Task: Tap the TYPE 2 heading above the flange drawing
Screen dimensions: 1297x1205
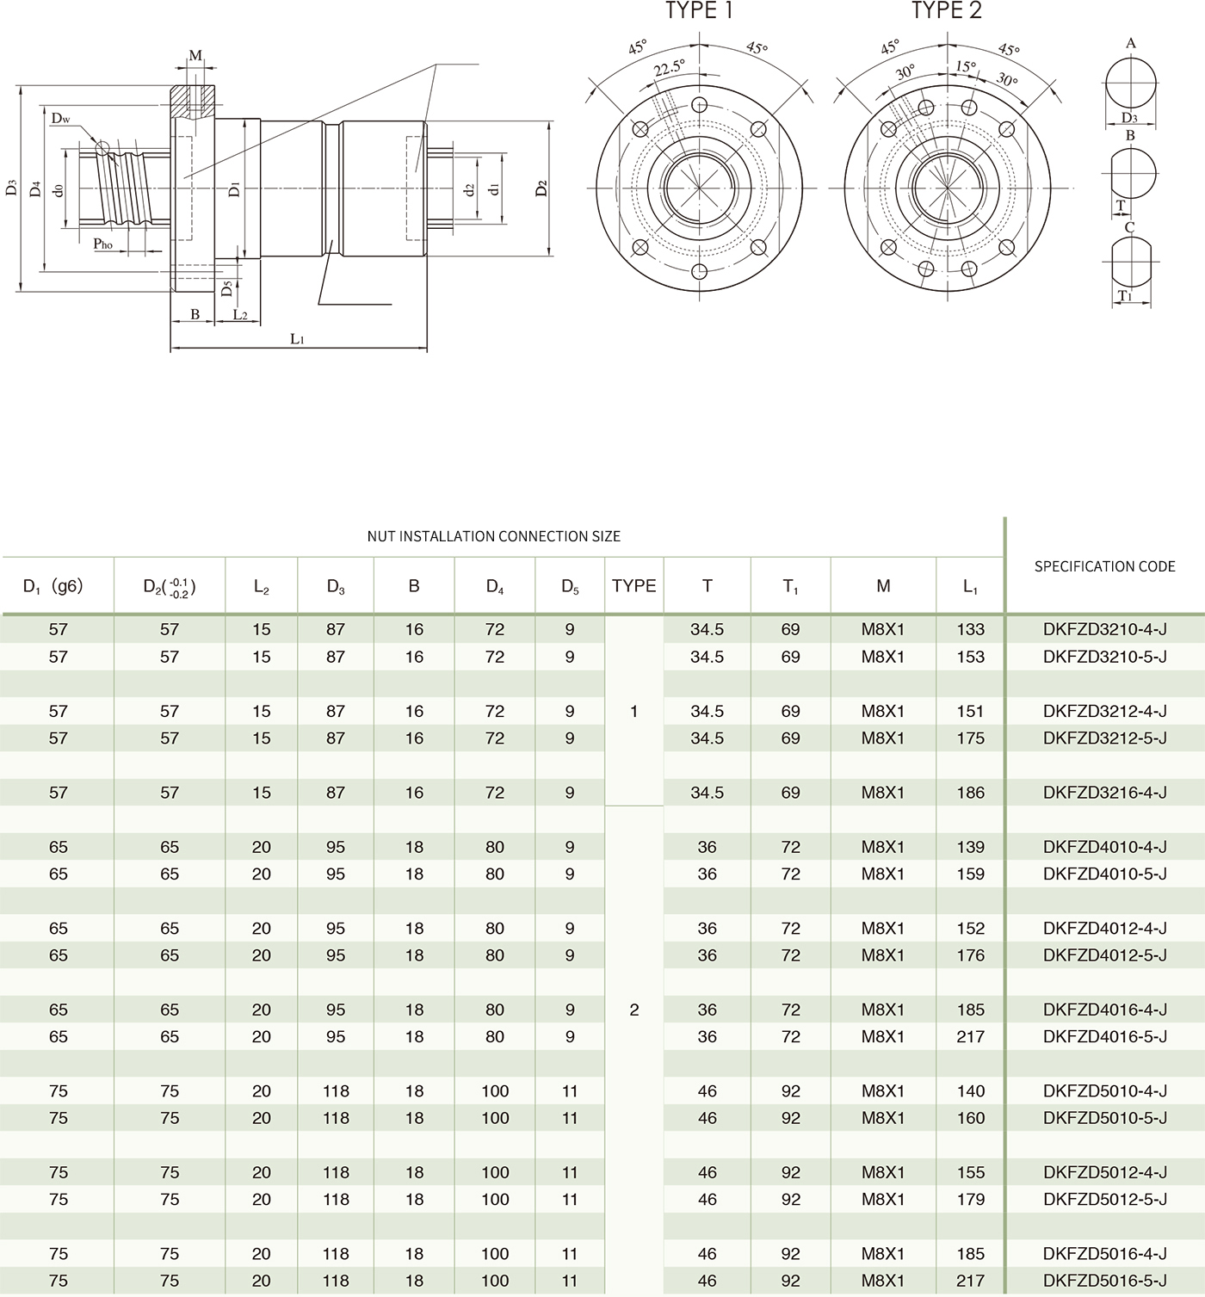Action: click(x=946, y=11)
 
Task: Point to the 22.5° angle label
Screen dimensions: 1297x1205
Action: click(x=669, y=68)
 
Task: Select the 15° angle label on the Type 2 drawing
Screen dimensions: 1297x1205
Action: click(x=965, y=66)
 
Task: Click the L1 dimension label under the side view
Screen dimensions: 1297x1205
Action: click(x=297, y=339)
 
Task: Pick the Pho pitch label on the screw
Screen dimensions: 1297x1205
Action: click(x=103, y=244)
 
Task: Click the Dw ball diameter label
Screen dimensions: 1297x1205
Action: click(x=60, y=118)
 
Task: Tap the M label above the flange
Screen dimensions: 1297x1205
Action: click(x=195, y=56)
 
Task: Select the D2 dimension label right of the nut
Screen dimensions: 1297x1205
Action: click(x=541, y=188)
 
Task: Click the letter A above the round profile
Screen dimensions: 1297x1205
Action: click(x=1130, y=43)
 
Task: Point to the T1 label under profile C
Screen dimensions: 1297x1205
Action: click(x=1124, y=296)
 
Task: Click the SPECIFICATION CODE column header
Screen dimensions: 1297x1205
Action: click(x=1104, y=566)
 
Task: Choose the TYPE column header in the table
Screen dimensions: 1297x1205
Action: click(x=633, y=586)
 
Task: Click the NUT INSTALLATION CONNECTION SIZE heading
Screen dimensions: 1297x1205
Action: click(x=493, y=536)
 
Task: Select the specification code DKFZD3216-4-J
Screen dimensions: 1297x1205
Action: click(x=1104, y=793)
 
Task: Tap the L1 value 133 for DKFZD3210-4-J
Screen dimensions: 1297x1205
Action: click(x=970, y=630)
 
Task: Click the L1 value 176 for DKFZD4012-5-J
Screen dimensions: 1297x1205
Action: click(x=970, y=955)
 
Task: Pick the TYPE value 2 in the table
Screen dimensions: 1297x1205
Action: click(x=634, y=1010)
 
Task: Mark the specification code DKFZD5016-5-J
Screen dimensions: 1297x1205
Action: click(x=1104, y=1281)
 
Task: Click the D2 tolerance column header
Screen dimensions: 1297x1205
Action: click(x=170, y=587)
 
